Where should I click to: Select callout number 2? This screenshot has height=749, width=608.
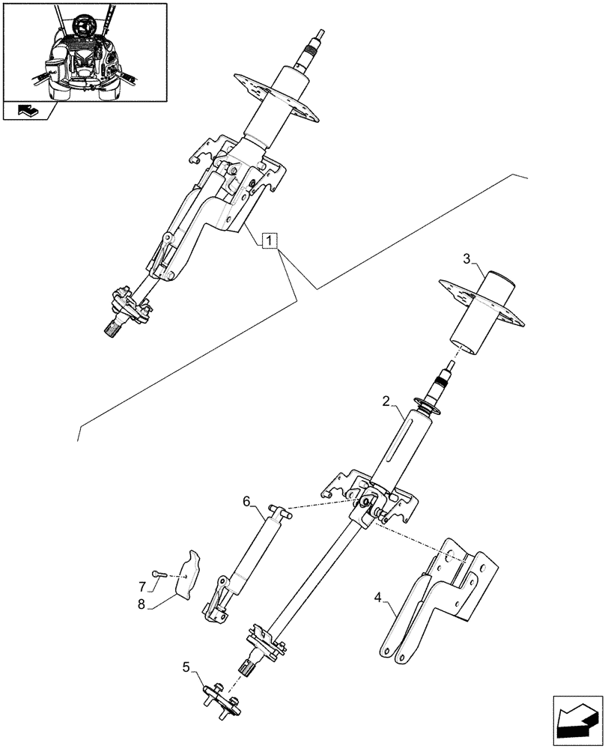[x=386, y=402]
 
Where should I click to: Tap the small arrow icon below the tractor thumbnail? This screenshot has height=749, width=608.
[x=28, y=111]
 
